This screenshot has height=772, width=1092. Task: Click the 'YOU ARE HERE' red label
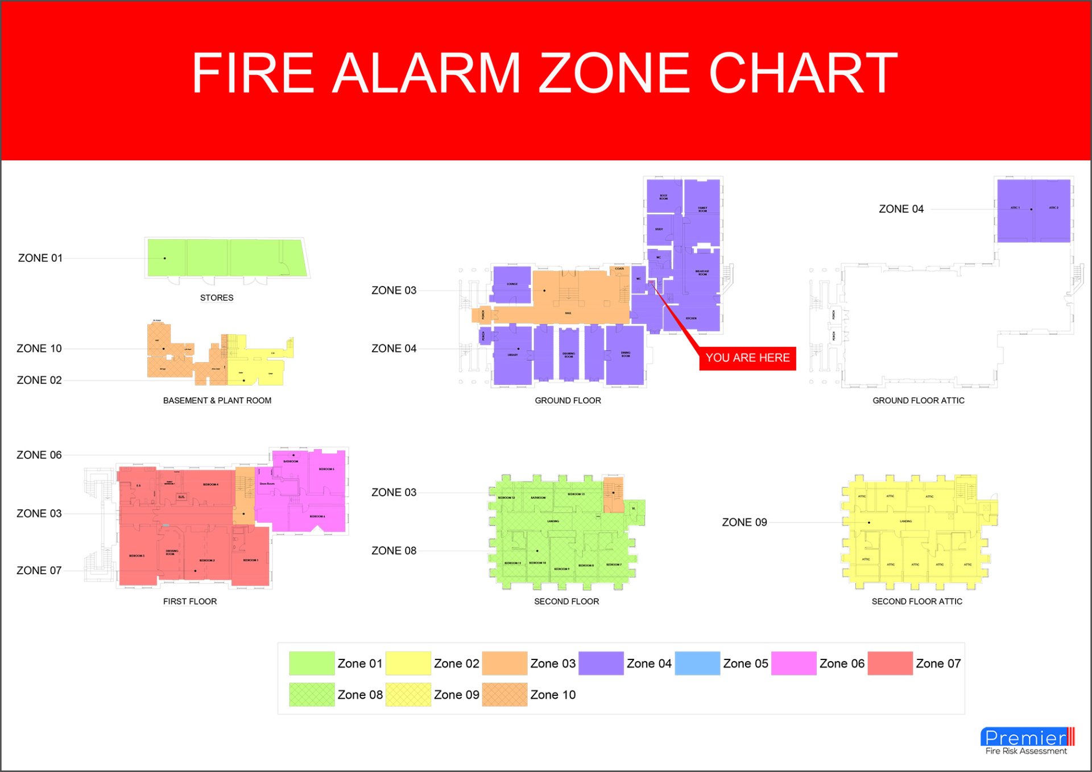[x=747, y=358]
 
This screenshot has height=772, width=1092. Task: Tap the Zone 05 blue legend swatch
[x=697, y=663]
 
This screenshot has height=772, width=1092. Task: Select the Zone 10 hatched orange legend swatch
[x=504, y=695]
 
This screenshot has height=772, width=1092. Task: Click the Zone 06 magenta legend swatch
[x=793, y=663]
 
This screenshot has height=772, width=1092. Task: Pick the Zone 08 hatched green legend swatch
[x=312, y=695]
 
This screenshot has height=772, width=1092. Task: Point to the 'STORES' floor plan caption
[x=217, y=298]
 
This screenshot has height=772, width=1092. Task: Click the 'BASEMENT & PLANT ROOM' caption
[x=217, y=401]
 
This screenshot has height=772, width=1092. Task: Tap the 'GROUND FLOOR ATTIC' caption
[x=919, y=401]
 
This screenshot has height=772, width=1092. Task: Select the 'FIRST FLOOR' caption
[x=190, y=601]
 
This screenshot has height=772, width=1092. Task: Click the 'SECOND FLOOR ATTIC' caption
[x=917, y=601]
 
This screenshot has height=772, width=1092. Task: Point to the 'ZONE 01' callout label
[x=40, y=258]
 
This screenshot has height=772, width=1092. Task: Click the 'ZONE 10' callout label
[x=39, y=348]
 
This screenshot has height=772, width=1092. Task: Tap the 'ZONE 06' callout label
[x=39, y=455]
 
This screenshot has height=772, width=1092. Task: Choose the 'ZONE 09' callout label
[x=744, y=522]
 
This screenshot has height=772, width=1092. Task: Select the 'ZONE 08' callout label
[x=394, y=551]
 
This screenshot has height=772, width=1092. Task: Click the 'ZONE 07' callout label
[x=39, y=570]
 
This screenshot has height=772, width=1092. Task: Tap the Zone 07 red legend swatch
[x=890, y=663]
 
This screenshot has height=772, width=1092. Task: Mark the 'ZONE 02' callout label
[x=39, y=380]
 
